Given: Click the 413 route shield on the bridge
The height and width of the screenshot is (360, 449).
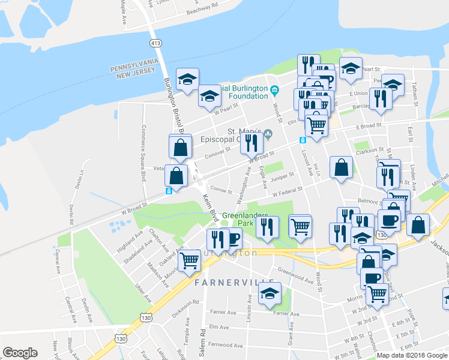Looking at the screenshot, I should tap(156, 43).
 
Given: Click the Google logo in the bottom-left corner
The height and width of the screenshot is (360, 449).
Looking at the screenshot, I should tap(20, 353).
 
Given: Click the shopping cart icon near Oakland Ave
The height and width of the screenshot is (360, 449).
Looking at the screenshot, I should tap(190, 259).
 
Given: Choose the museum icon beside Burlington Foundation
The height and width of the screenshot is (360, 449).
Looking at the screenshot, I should tap(275, 91).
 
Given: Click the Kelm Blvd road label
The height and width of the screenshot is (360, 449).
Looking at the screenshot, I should tap(208, 204).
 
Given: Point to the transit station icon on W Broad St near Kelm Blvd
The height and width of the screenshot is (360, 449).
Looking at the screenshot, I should tap(169, 191).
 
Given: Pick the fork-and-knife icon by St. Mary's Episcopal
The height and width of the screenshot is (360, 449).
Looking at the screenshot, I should tap(252, 142).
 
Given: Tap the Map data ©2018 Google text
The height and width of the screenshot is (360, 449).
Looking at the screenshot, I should tap(412, 355).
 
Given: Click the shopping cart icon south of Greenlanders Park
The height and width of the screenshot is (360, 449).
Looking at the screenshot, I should tap(300, 226).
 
